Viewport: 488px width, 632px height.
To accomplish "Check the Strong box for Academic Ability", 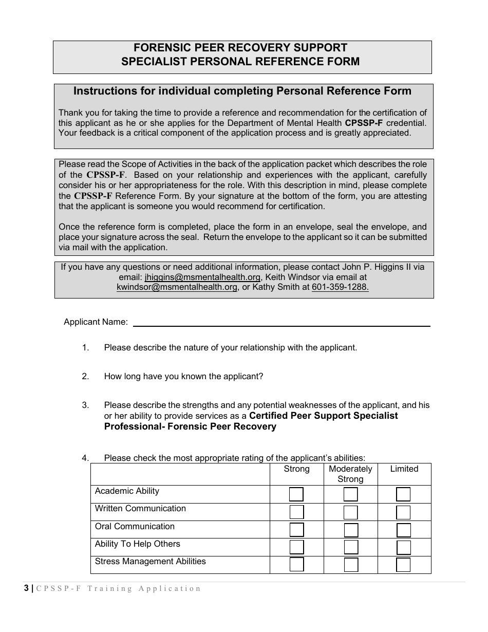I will pyautogui.click(x=296, y=494).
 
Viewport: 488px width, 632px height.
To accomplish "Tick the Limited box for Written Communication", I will pyautogui.click(x=403, y=512).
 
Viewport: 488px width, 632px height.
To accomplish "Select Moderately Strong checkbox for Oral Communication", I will pyautogui.click(x=350, y=530).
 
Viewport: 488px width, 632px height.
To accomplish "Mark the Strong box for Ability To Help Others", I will pyautogui.click(x=296, y=547).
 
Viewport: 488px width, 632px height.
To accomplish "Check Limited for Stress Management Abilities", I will pyautogui.click(x=403, y=565).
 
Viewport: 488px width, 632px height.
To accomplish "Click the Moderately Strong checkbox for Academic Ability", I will pyautogui.click(x=350, y=494).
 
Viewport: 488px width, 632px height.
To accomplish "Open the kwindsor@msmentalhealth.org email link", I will pyautogui.click(x=177, y=287).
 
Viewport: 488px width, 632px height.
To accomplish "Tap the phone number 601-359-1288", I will pyautogui.click(x=340, y=287).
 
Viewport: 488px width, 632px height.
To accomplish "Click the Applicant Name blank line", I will pyautogui.click(x=281, y=322).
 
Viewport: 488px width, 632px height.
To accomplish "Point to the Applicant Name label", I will pyautogui.click(x=96, y=322).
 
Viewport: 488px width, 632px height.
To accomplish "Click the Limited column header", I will pyautogui.click(x=404, y=469).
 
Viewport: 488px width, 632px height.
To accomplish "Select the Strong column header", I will pyautogui.click(x=296, y=469).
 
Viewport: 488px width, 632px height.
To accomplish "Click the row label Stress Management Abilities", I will pyautogui.click(x=150, y=562).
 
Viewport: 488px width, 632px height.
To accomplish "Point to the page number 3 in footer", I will pyautogui.click(x=26, y=589).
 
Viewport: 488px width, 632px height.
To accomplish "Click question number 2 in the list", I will pyautogui.click(x=85, y=377).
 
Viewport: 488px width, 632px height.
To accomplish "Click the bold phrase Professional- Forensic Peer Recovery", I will pyautogui.click(x=190, y=427).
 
